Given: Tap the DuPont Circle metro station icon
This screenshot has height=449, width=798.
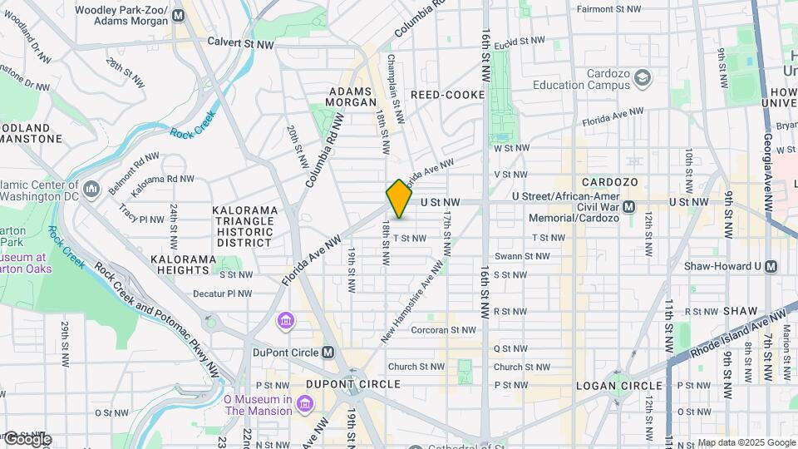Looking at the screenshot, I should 328,352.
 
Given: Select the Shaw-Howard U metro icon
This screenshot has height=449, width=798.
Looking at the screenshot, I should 771,266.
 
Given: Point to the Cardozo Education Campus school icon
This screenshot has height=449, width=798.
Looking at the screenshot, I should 643,78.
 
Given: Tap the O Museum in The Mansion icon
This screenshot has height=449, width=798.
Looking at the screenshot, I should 304,404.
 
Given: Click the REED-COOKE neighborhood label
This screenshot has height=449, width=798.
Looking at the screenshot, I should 447,95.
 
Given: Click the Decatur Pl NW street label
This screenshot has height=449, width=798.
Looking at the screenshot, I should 222,294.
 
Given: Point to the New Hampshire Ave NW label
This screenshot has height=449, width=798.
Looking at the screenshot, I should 412,300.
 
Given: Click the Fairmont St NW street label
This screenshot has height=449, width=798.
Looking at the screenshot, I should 605,9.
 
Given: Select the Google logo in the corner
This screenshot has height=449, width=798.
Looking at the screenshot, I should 27,439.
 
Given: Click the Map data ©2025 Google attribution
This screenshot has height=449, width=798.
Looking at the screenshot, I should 746,442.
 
